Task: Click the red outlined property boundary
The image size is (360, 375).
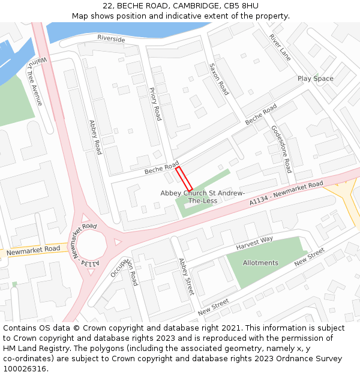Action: (184, 179)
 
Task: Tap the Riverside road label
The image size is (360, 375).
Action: (111, 39)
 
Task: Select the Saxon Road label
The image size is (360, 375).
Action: (219, 79)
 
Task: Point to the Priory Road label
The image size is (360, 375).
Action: (155, 103)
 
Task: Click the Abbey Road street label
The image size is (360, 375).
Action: (95, 137)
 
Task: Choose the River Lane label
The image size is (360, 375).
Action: (280, 47)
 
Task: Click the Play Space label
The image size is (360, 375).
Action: (316, 79)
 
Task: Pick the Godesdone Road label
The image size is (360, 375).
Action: (281, 149)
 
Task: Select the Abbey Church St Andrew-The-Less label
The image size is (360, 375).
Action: (203, 197)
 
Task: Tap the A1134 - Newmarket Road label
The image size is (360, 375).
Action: (287, 194)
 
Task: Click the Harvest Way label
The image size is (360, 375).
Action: (254, 243)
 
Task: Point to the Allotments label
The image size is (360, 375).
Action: (260, 263)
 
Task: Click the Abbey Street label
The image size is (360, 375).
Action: (186, 277)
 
